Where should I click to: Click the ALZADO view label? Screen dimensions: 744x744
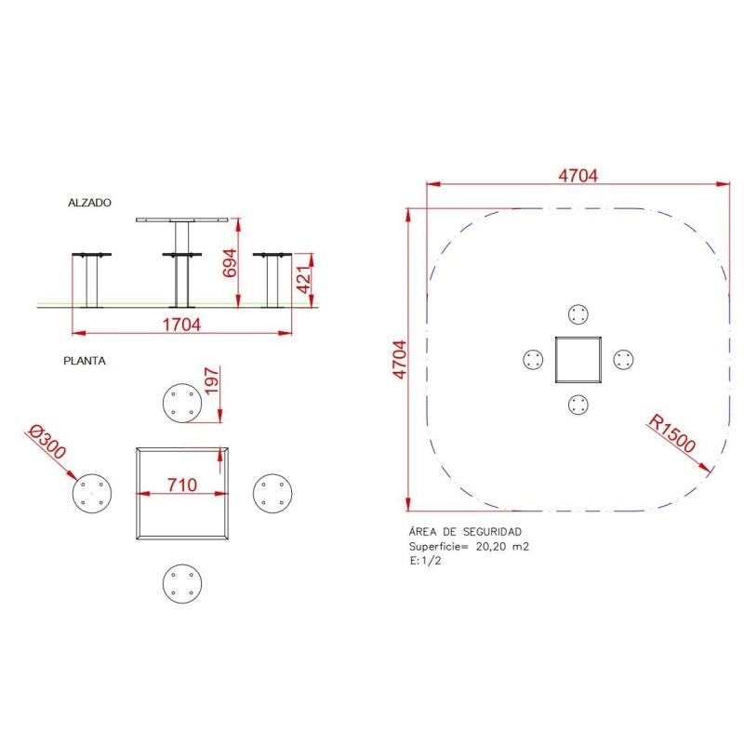pyautogui.click(x=89, y=202)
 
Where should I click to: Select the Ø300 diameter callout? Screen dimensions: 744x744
pyautogui.click(x=47, y=443)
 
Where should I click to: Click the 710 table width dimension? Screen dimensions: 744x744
pyautogui.click(x=182, y=484)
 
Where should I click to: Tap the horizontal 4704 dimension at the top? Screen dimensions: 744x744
pyautogui.click(x=577, y=175)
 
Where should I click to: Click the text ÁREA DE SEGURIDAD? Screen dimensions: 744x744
pyautogui.click(x=458, y=532)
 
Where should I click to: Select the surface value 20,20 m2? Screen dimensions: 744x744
pyautogui.click(x=502, y=547)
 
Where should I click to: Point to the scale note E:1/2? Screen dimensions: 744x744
pyautogui.click(x=425, y=562)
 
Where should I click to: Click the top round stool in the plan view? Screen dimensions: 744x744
pyautogui.click(x=182, y=405)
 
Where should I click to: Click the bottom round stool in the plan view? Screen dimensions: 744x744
pyautogui.click(x=182, y=584)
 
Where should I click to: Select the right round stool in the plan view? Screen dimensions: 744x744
pyautogui.click(x=273, y=492)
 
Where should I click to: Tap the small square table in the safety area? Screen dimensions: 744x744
pyautogui.click(x=578, y=360)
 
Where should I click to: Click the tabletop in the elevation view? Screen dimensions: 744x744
pyautogui.click(x=182, y=220)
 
